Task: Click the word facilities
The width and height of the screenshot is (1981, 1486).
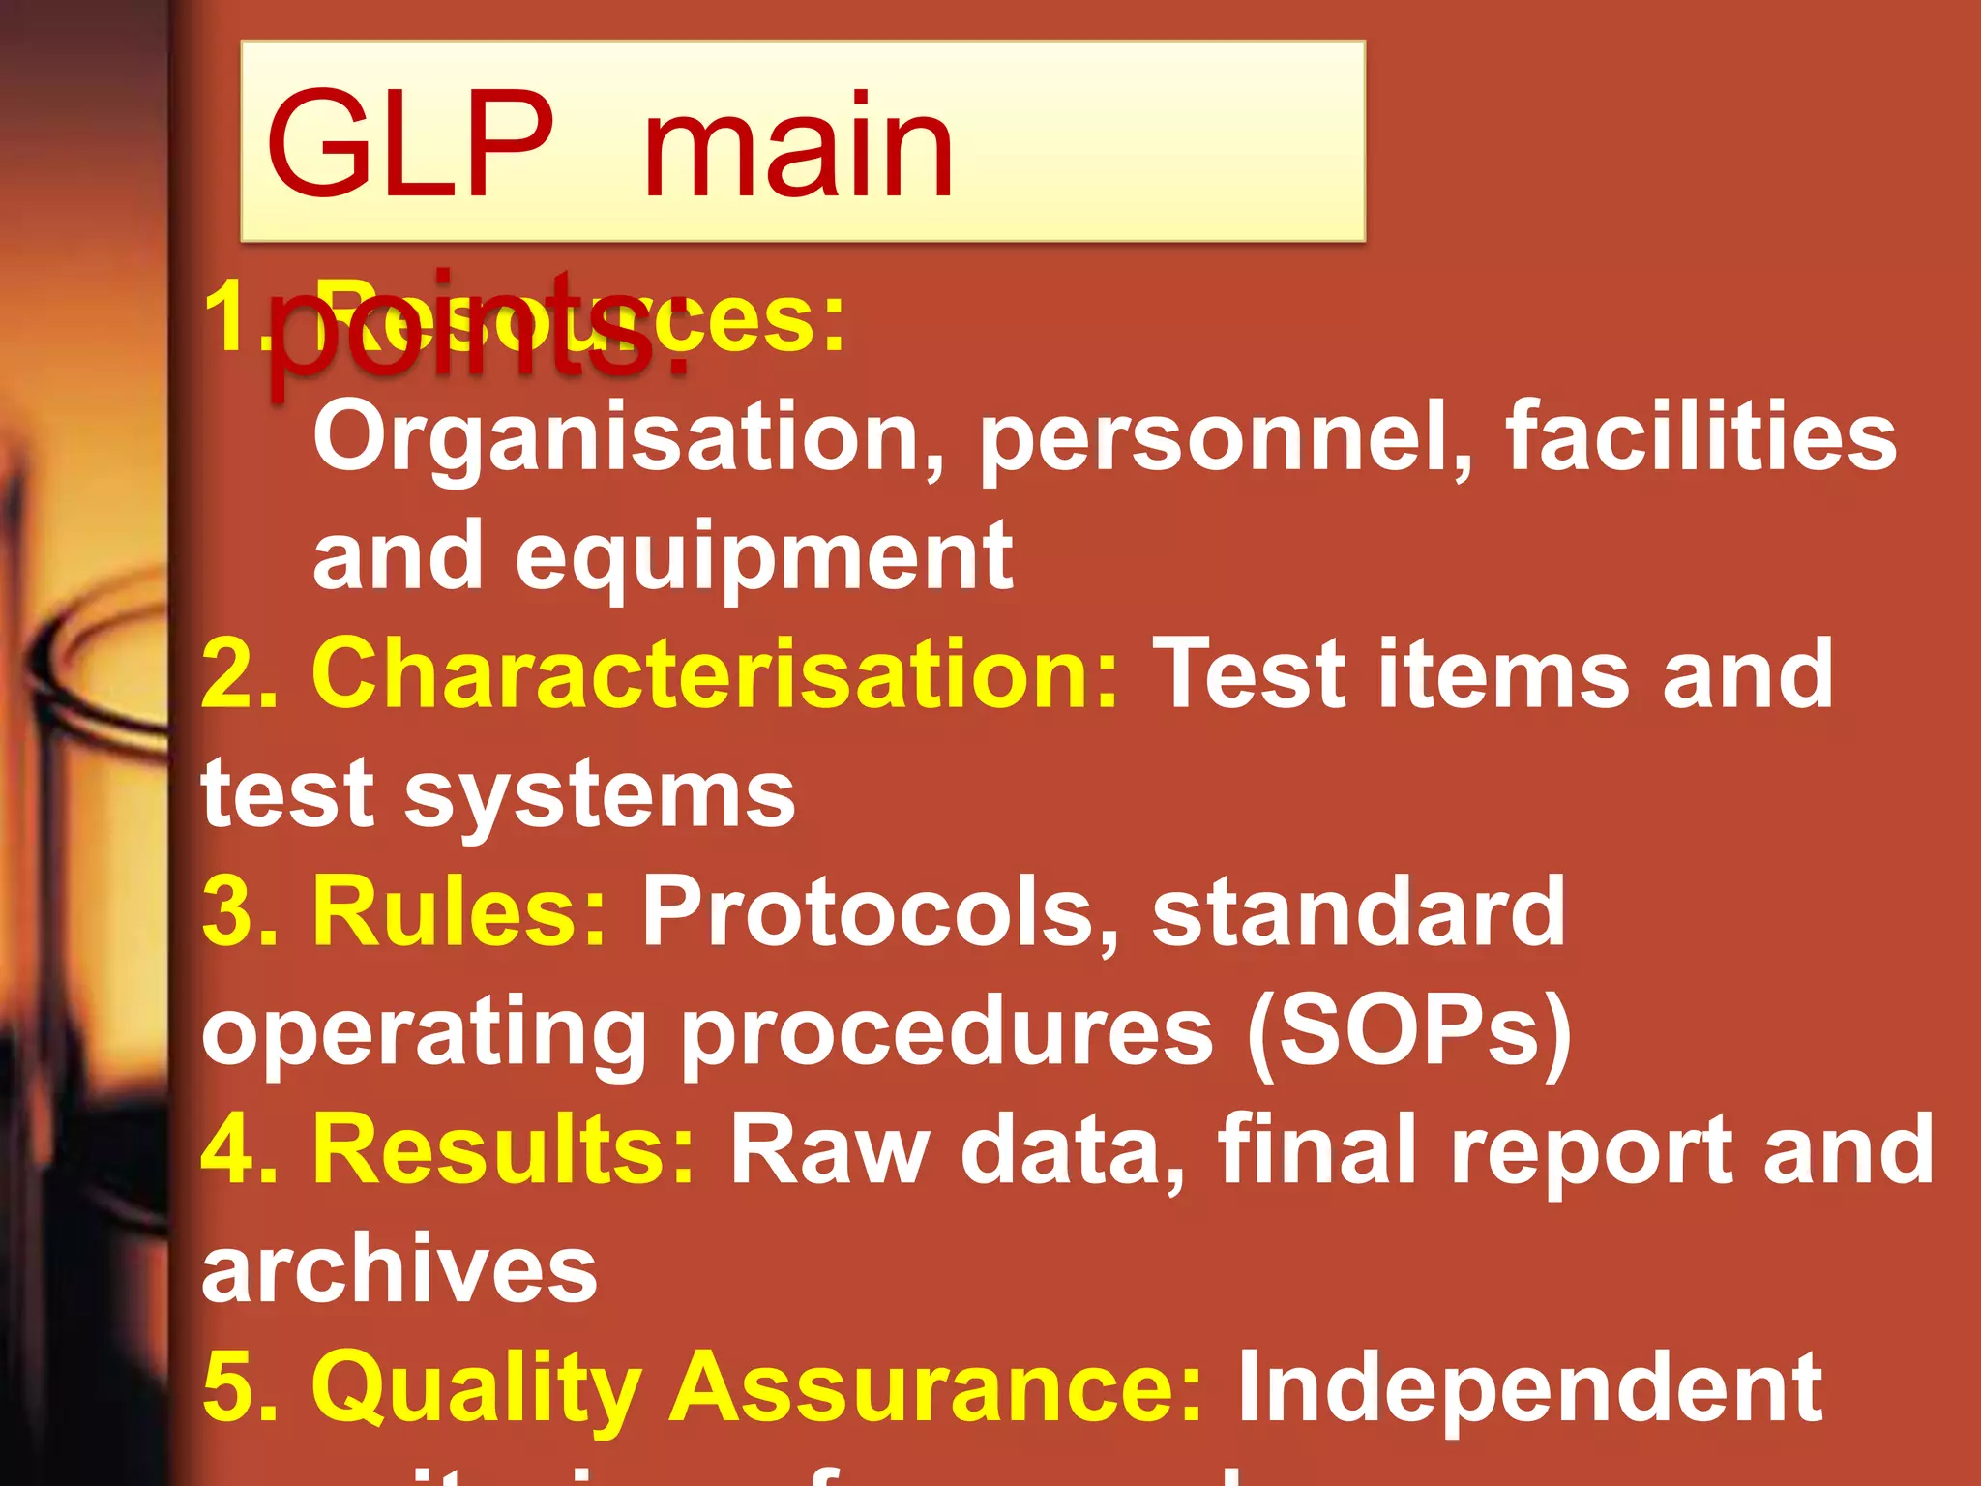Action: pos(1700,437)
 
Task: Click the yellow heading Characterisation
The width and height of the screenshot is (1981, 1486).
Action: pos(715,674)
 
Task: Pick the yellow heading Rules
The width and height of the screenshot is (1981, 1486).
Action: pos(458,911)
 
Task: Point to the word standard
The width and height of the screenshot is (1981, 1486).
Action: pos(1358,911)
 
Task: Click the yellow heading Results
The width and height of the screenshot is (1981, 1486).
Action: pos(502,1149)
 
